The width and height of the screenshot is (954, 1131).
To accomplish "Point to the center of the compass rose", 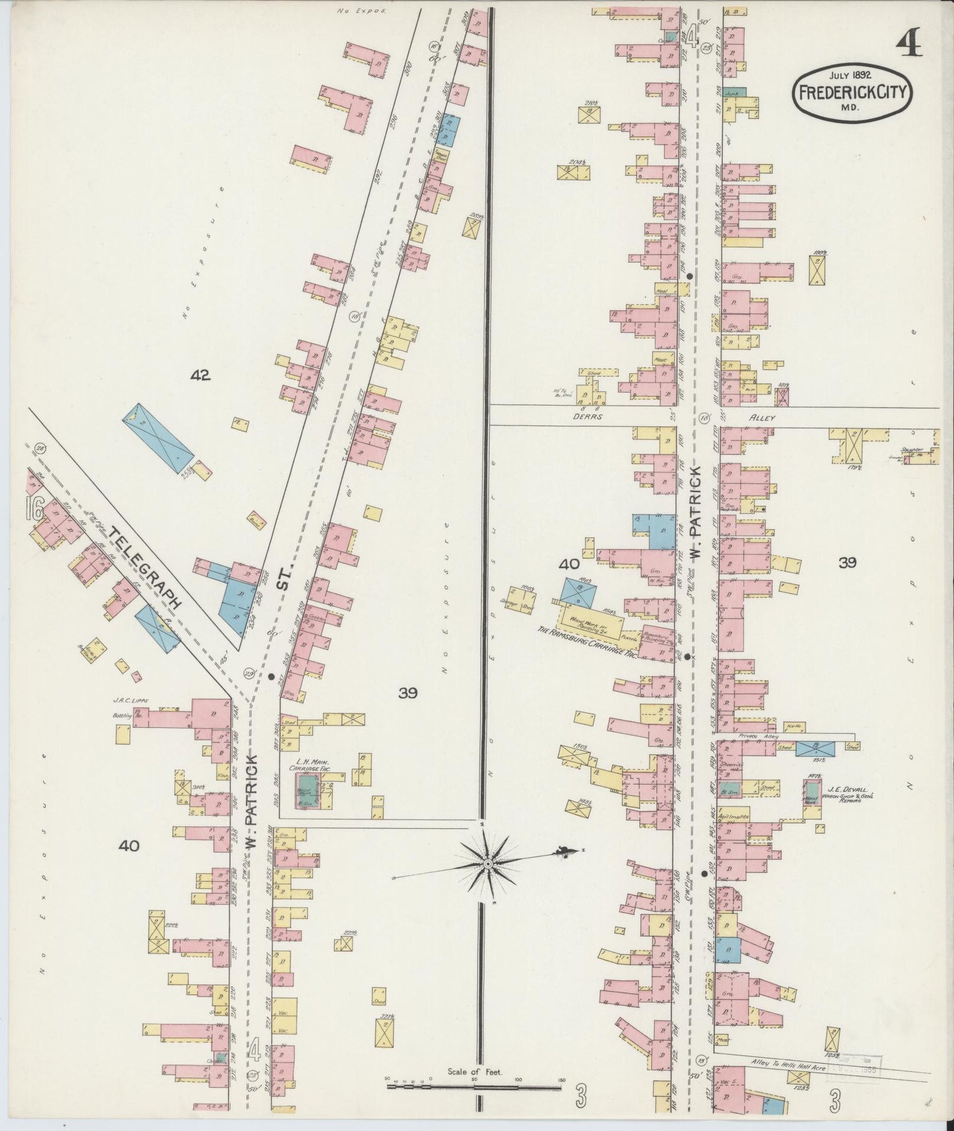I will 487,864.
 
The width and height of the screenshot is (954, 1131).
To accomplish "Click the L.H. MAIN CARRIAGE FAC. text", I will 319,765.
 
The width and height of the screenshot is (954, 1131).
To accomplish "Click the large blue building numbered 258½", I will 159,437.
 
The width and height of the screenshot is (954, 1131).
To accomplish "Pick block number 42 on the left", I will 199,375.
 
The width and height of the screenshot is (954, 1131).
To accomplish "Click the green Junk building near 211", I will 733,94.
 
